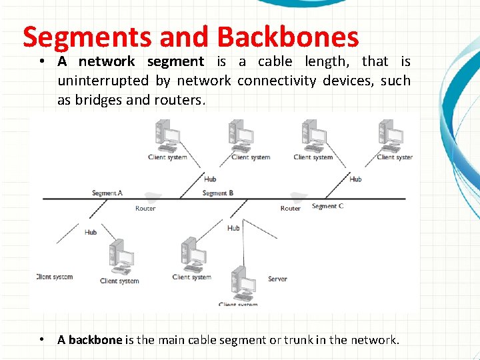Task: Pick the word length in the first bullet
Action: [x=327, y=62]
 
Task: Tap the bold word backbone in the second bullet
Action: [x=95, y=340]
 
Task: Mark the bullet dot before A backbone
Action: [x=42, y=339]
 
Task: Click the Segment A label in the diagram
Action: [x=107, y=193]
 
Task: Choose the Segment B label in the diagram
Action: [x=217, y=193]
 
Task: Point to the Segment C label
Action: [x=328, y=207]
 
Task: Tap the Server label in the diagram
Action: [x=277, y=279]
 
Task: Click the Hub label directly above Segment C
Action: [x=356, y=179]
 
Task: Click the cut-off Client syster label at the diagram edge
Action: [x=395, y=157]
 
